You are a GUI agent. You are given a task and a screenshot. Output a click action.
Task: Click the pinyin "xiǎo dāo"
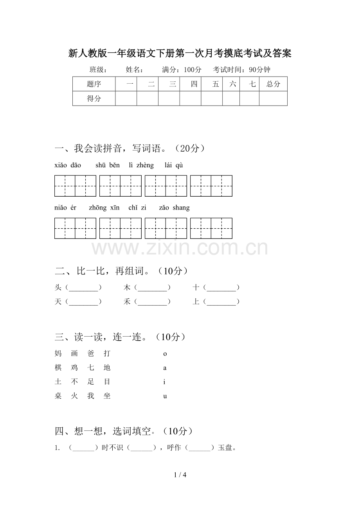point(68,165)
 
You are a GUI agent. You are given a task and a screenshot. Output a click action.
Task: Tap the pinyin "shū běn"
point(108,165)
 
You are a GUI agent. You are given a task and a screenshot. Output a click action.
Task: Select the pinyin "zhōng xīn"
point(104,208)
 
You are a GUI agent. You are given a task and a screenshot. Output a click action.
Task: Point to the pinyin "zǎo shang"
point(174,208)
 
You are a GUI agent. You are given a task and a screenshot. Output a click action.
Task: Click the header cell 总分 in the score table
point(273,84)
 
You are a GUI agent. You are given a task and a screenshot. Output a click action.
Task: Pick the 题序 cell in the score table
point(94,84)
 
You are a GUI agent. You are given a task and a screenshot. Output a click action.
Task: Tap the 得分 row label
point(94,99)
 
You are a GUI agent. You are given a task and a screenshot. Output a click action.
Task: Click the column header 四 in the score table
point(194,84)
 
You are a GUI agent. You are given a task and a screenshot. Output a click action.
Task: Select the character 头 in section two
point(58,288)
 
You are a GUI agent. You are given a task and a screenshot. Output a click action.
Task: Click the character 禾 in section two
point(127,302)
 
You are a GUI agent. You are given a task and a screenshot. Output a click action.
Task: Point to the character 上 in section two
point(196,302)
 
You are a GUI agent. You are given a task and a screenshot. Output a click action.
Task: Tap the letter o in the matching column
point(165,354)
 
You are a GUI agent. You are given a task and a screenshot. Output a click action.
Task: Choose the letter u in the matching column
point(165,396)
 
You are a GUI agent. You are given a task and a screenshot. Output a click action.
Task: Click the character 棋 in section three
point(58,368)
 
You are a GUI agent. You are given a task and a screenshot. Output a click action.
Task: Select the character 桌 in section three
point(58,396)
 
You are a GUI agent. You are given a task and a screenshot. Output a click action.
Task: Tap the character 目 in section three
point(107,382)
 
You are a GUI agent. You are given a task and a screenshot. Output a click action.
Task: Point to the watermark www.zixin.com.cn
point(180,248)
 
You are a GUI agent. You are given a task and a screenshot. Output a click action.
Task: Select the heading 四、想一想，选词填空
point(124,431)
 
